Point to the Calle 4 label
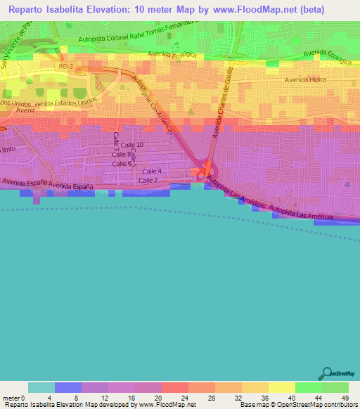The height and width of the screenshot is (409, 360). (152, 171)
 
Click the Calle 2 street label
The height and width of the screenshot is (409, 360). (146, 181)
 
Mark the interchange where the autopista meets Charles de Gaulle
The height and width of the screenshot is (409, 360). (205, 171)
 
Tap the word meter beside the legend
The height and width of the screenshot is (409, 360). (12, 395)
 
